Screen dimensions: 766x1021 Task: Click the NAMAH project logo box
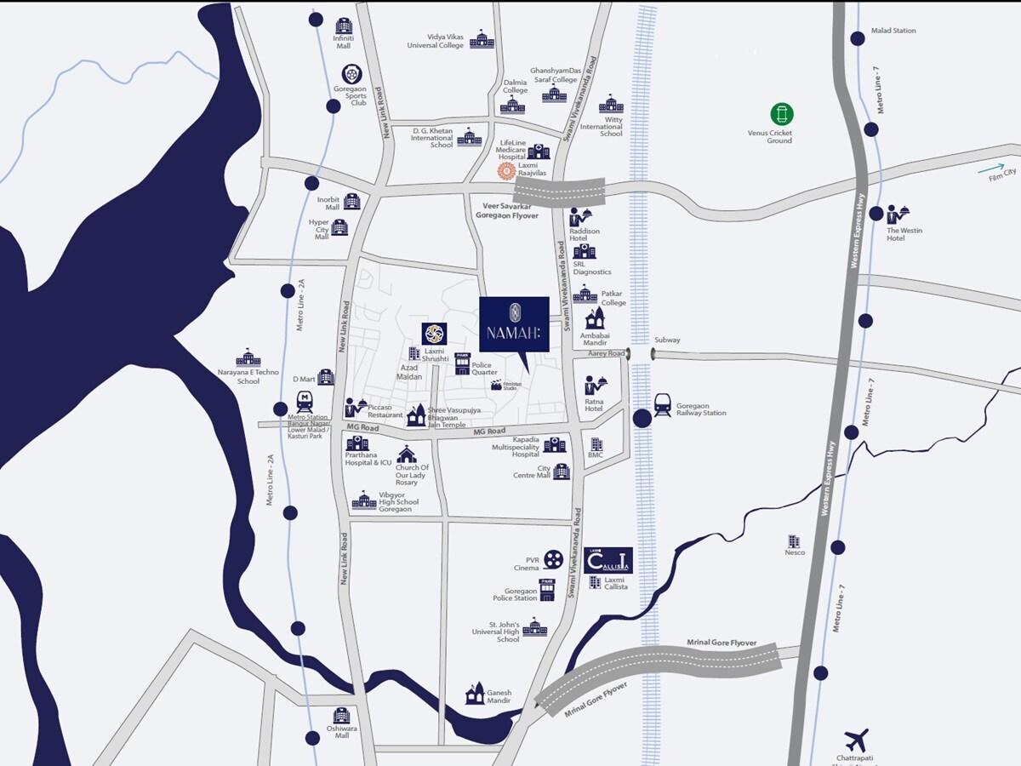514,323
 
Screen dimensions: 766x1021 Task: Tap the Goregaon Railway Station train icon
663,403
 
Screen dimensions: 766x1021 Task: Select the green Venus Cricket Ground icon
781,114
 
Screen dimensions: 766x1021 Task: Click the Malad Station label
893,31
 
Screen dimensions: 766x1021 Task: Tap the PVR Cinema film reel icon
554,559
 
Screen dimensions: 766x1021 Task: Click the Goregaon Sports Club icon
351,74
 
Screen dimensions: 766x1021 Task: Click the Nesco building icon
794,541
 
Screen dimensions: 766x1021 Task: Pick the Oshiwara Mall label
341,732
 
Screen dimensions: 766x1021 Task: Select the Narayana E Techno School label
248,376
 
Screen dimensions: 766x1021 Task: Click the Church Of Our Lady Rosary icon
407,454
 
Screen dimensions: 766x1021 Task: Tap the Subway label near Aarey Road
667,340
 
